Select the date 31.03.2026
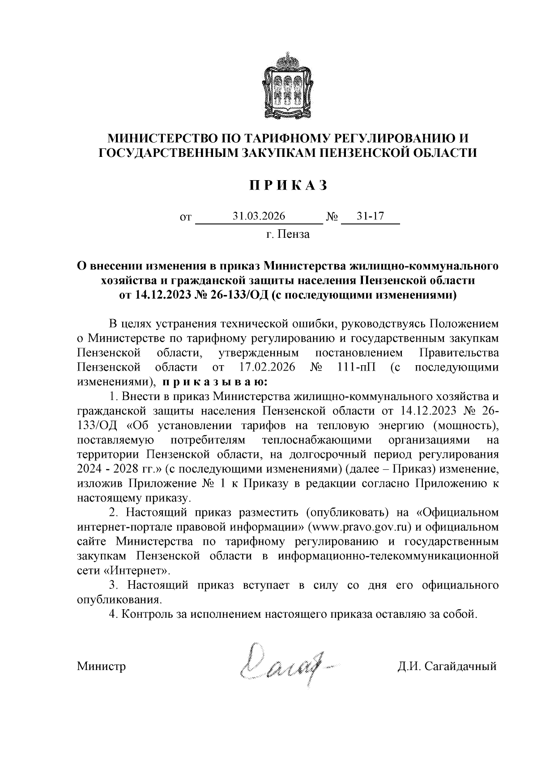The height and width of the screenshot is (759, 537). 259,216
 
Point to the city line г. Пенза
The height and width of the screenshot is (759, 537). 288,234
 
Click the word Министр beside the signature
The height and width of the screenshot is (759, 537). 101,666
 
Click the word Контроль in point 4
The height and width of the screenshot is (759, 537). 146,614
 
